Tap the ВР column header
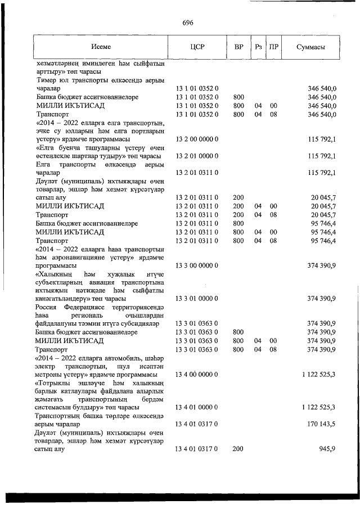[238, 47]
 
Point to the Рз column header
[258, 47]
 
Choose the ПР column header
[274, 47]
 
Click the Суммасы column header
[310, 47]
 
